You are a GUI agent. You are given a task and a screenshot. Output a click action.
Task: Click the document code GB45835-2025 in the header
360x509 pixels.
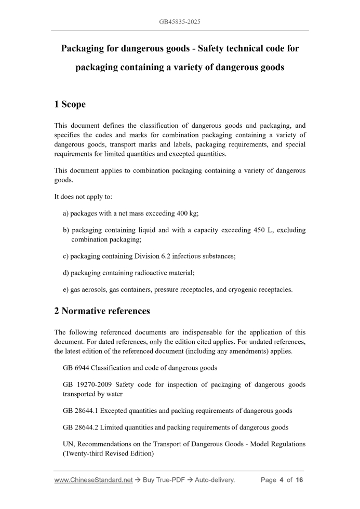[180, 22]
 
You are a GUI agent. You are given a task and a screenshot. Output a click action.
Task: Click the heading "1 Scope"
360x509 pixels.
[70, 104]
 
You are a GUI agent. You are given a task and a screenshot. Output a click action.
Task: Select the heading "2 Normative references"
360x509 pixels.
[102, 311]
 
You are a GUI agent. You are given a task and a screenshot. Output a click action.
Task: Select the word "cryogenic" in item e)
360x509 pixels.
[238, 290]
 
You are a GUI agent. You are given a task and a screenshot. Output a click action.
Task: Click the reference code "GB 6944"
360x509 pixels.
[75, 368]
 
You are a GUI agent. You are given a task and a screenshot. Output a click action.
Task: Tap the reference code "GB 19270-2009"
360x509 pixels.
[86, 385]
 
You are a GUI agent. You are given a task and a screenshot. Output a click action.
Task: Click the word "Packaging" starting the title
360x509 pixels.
[85, 48]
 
